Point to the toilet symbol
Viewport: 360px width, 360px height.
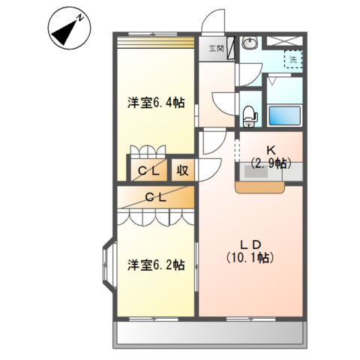250,114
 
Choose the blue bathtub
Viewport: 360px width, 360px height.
285,115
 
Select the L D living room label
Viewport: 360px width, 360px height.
250,244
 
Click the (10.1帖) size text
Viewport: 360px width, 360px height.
250,258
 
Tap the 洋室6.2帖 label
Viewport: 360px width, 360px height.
155,265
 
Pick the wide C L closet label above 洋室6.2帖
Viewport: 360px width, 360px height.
156,198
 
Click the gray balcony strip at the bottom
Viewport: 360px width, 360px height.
209,334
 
